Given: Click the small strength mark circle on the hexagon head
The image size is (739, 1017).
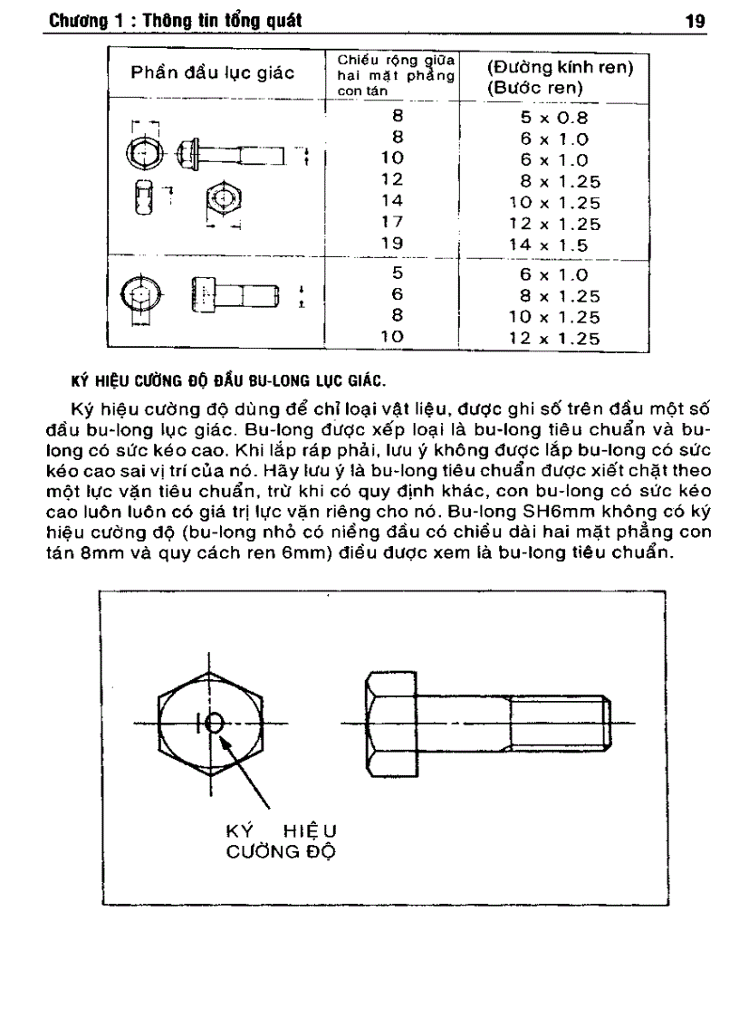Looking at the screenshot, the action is point(215,723).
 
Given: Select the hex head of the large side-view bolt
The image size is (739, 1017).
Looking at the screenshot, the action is point(389,722).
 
